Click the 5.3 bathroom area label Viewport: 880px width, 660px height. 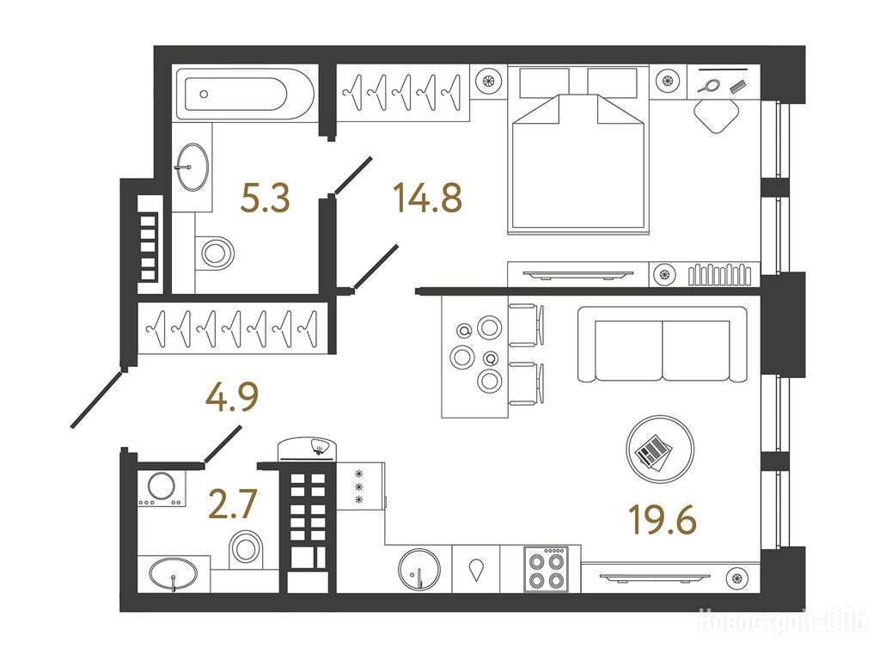tap(265, 199)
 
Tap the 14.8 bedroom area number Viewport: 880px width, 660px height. tap(428, 199)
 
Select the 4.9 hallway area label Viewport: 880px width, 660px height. tap(232, 397)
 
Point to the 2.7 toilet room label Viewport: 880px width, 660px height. tap(232, 504)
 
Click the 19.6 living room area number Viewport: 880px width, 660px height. tap(663, 520)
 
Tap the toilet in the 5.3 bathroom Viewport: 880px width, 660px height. tap(215, 254)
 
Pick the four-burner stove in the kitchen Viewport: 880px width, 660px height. tap(547, 569)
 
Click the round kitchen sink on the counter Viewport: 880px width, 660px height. tap(419, 568)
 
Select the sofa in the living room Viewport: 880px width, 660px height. tap(663, 344)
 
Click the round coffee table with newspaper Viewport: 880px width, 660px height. tap(659, 449)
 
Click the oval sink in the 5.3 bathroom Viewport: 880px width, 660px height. tap(192, 167)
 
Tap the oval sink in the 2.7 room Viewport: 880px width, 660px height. tap(174, 574)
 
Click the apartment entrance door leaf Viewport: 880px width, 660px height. tap(96, 398)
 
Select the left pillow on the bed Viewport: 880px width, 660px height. tap(544, 83)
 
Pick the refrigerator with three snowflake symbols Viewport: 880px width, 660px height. tap(361, 486)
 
